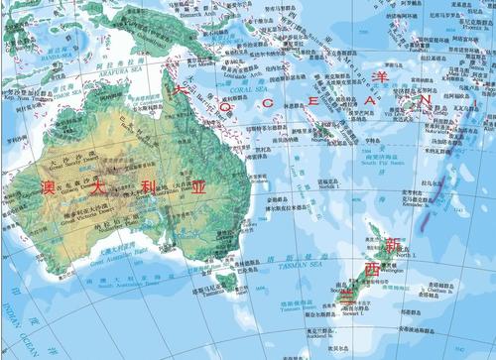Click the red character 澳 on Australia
click(47, 185)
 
